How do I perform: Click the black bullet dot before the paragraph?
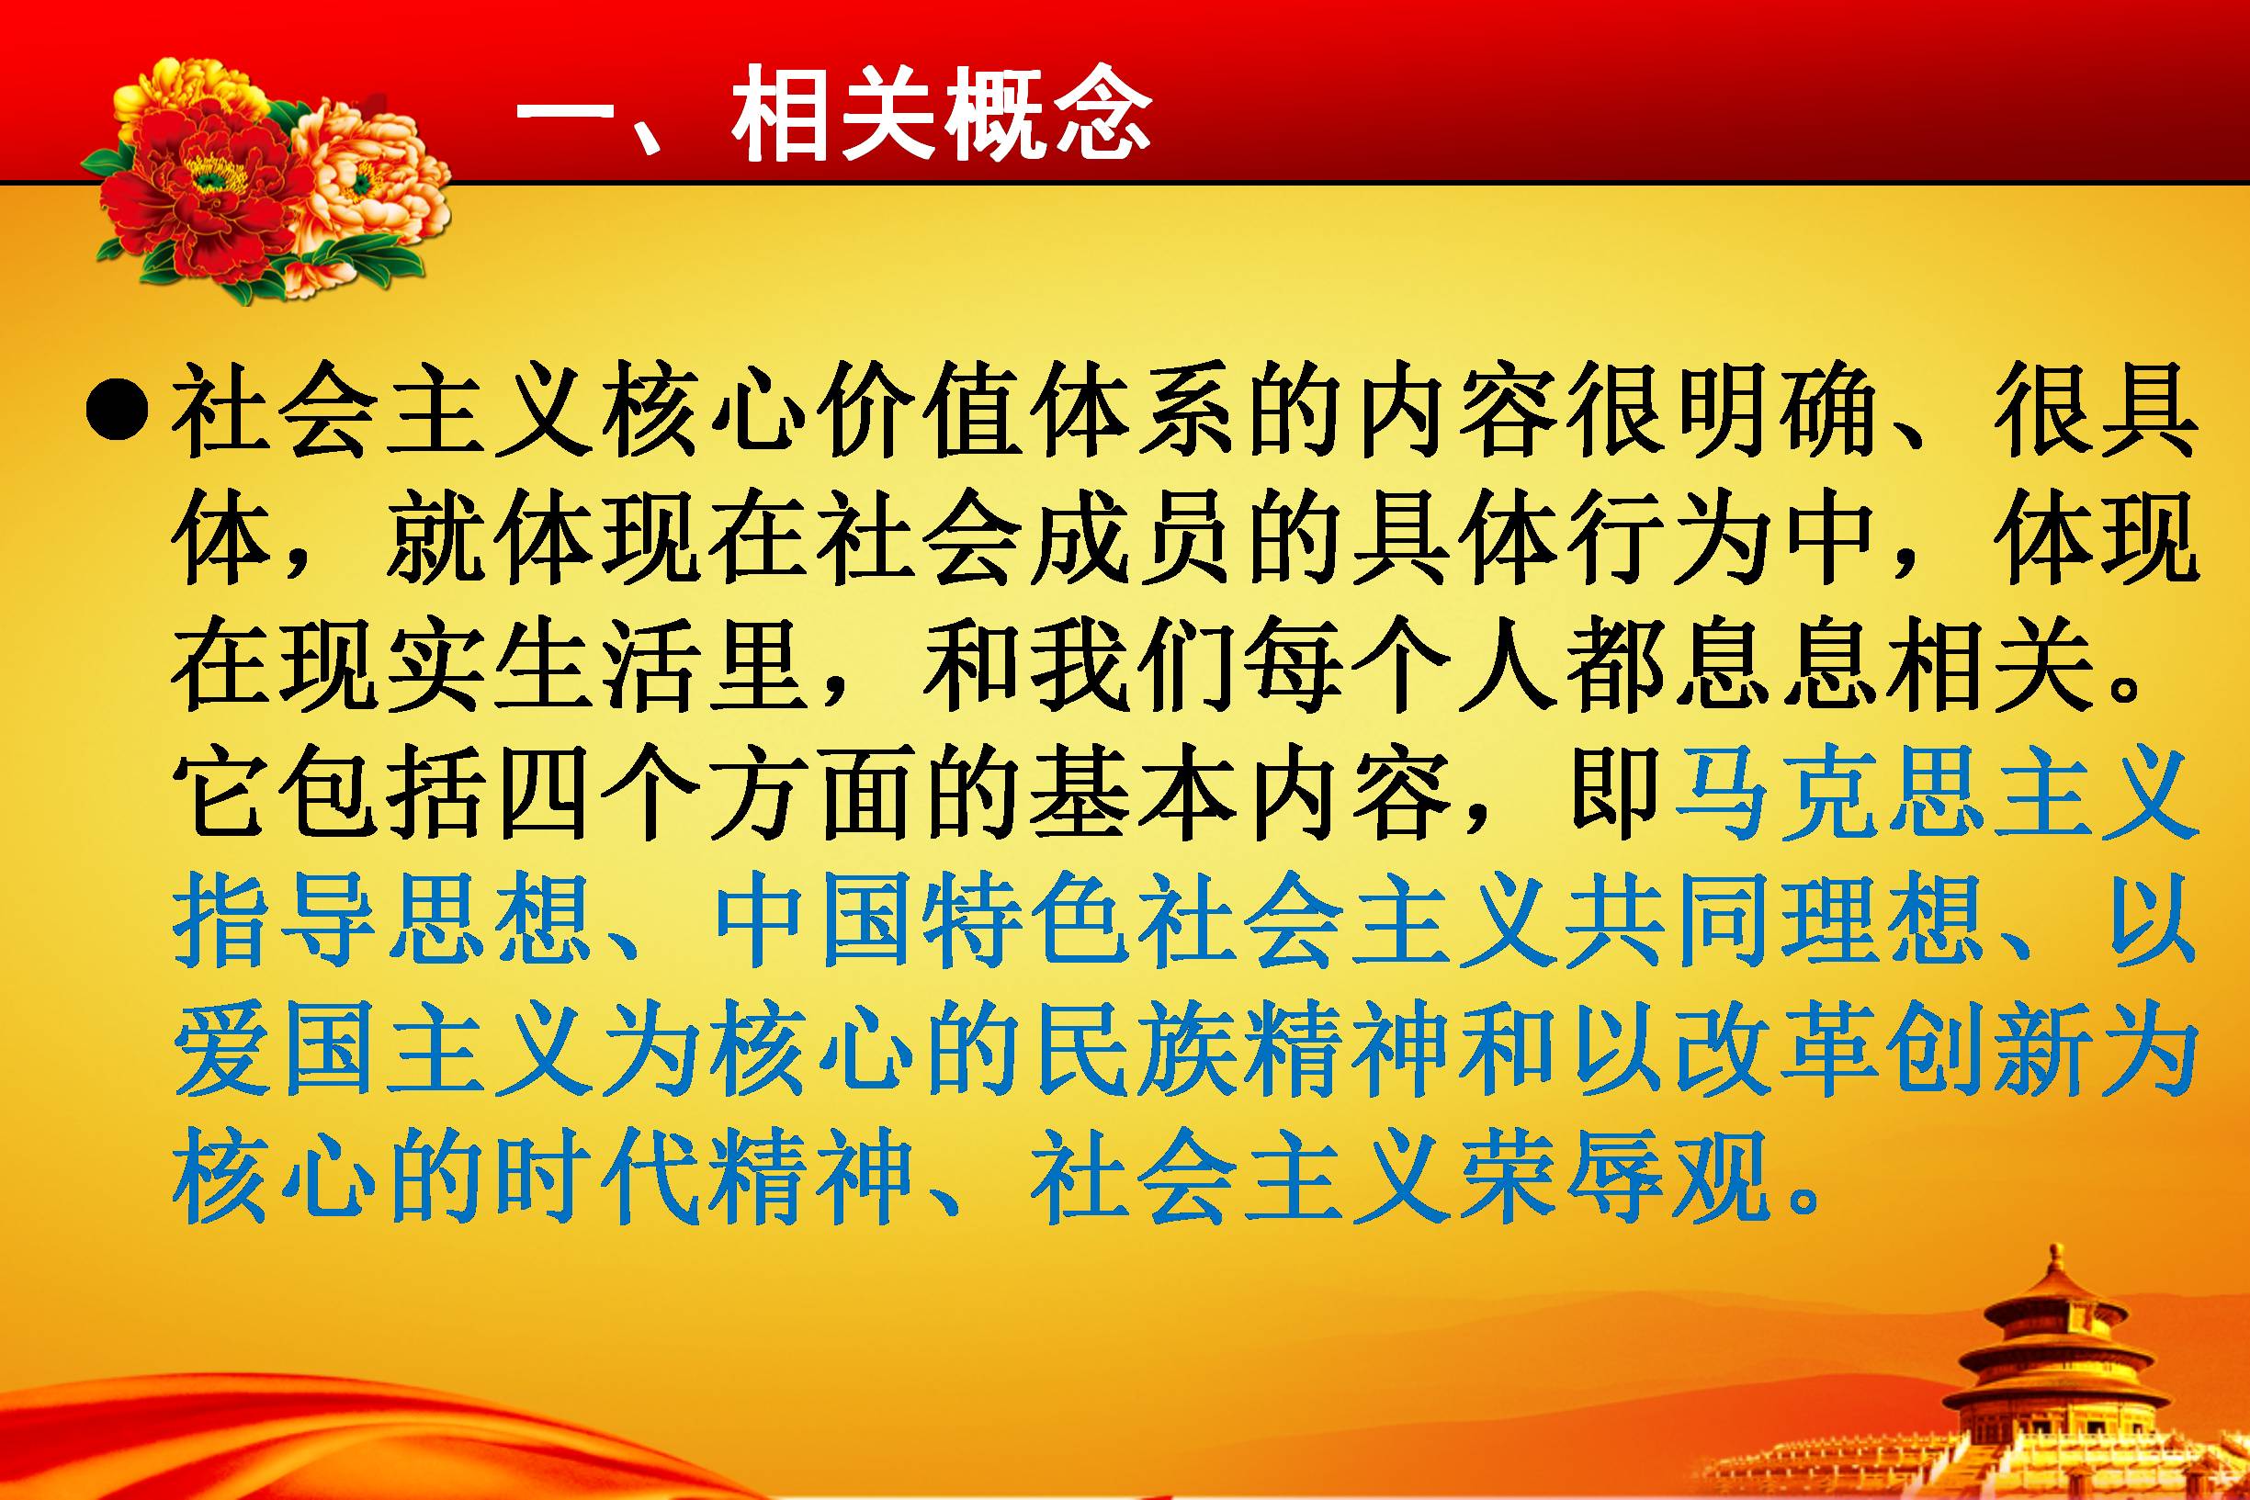point(117,412)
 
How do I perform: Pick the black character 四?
point(543,794)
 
